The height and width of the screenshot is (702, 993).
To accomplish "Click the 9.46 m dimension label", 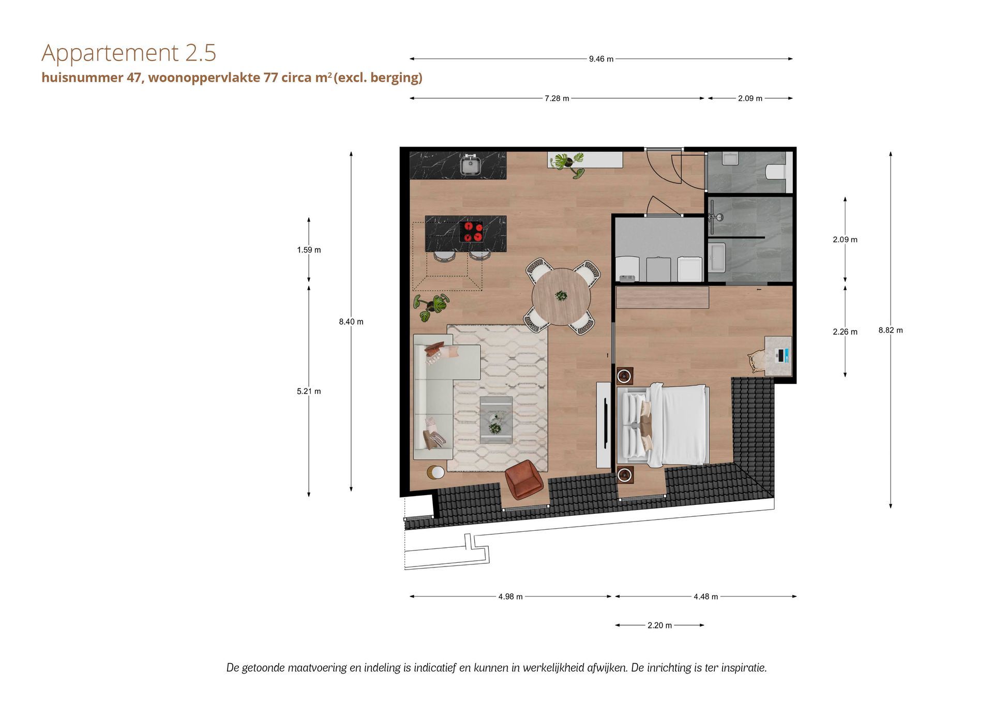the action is [601, 59].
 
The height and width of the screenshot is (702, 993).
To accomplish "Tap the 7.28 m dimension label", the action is [556, 98].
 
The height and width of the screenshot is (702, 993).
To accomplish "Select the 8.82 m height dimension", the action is [891, 330].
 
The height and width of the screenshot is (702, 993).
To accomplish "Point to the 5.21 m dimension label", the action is [309, 391].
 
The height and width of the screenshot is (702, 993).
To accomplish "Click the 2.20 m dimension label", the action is [659, 625].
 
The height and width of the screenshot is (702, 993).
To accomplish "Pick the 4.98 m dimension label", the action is [510, 596].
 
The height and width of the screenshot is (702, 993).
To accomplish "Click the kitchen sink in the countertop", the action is [471, 165].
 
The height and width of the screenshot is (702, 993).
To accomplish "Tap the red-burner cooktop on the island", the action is [472, 231].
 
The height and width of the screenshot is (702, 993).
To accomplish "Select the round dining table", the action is [561, 296].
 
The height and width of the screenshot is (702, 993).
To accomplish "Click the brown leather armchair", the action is [524, 480].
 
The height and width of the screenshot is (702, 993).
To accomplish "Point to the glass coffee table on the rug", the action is [496, 420].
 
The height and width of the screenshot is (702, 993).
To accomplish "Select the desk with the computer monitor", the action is [778, 355].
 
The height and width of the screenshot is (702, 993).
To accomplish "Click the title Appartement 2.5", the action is [129, 53].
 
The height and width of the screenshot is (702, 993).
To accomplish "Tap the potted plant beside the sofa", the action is [431, 307].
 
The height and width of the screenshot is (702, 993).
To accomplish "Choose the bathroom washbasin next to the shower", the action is [718, 258].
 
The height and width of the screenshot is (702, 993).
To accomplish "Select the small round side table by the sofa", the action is [435, 473].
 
